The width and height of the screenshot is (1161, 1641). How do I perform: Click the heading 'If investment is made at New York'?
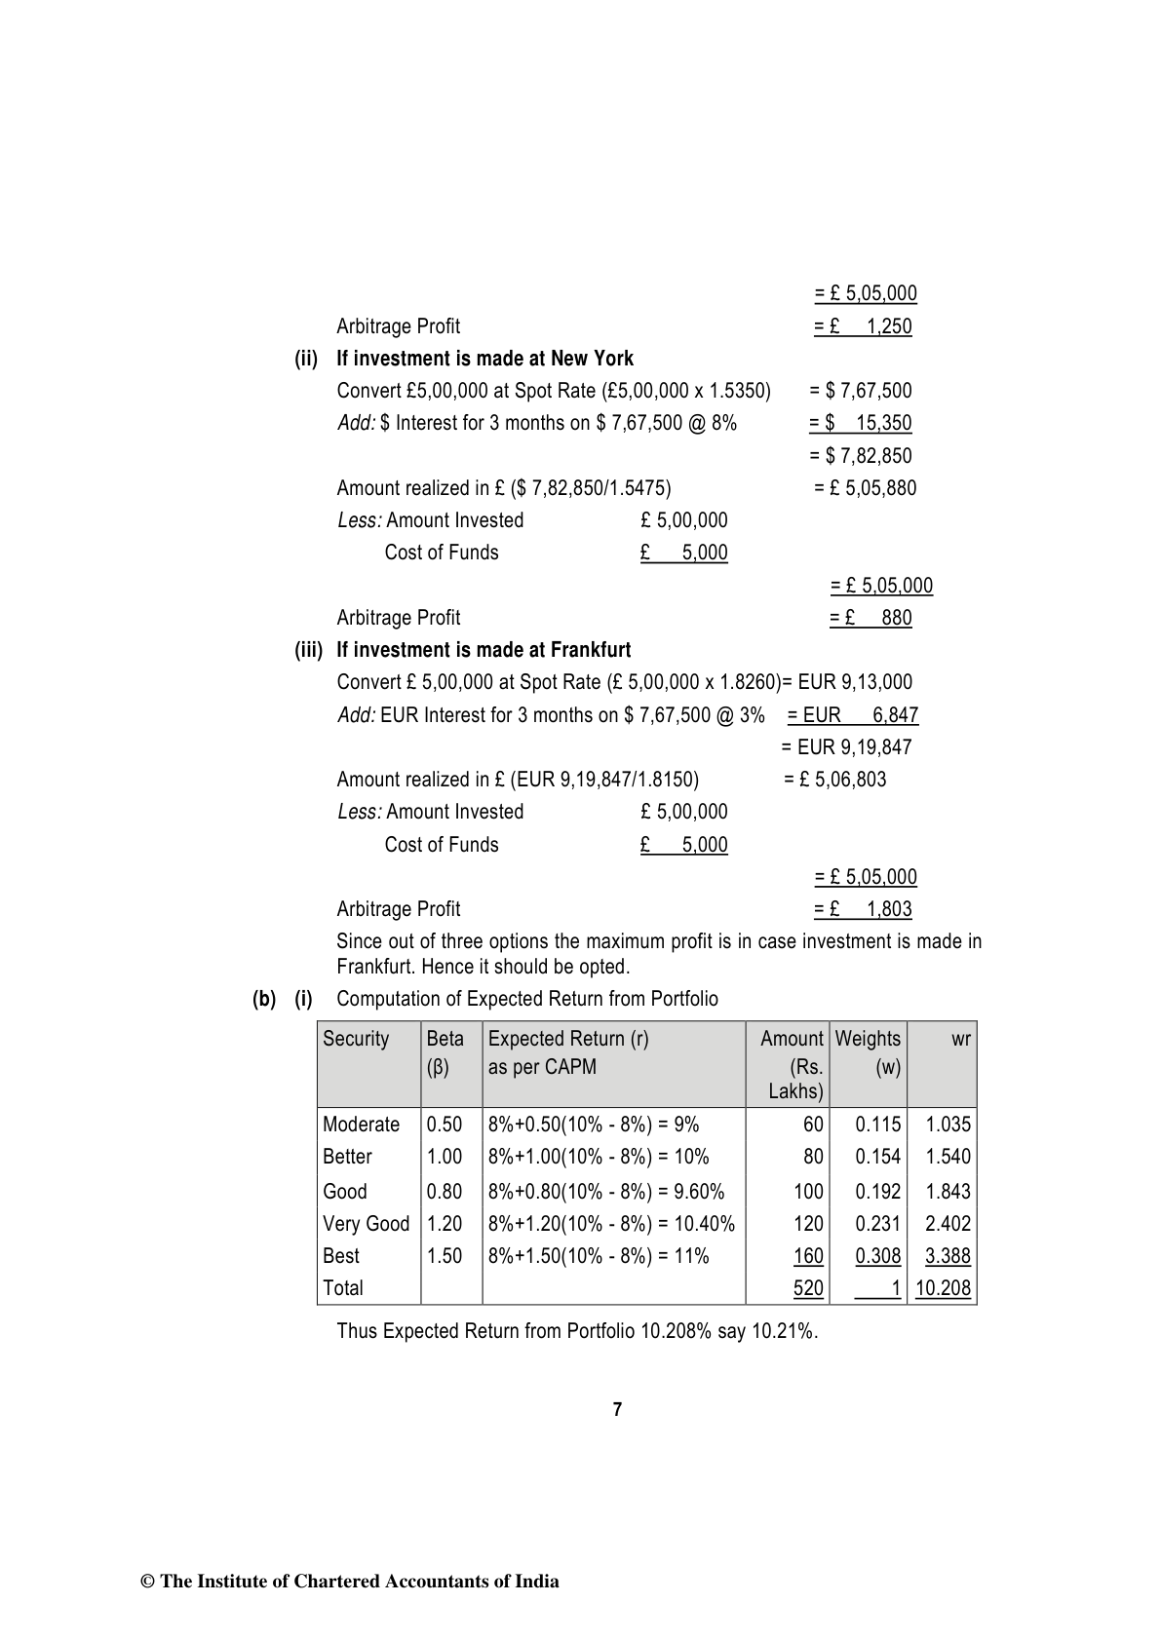click(x=484, y=359)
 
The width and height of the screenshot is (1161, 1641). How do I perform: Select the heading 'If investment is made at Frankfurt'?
click(x=484, y=650)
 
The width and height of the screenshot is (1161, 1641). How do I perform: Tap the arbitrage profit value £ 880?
click(x=871, y=618)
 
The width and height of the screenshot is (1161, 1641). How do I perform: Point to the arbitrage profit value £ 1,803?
click(x=863, y=909)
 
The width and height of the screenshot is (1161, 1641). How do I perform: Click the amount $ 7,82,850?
click(x=861, y=456)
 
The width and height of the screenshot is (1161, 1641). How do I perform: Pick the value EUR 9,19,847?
click(x=846, y=747)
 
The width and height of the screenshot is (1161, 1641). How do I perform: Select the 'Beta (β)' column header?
click(x=445, y=1052)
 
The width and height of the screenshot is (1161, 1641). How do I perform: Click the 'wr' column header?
click(x=960, y=1040)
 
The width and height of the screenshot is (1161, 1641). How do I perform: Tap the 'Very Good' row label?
click(x=366, y=1224)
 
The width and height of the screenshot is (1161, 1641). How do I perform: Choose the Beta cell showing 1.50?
click(x=445, y=1256)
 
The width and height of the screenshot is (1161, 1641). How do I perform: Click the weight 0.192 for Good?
click(x=877, y=1192)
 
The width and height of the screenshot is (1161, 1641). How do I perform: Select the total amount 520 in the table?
click(x=808, y=1288)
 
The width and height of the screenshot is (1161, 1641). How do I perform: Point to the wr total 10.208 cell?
click(x=943, y=1288)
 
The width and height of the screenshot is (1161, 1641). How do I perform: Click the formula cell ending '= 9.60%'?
click(x=605, y=1192)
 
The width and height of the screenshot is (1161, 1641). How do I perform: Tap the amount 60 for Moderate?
click(x=813, y=1125)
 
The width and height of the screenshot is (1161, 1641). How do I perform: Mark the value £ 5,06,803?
click(x=835, y=780)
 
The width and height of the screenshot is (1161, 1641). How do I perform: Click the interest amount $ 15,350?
click(x=861, y=423)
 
